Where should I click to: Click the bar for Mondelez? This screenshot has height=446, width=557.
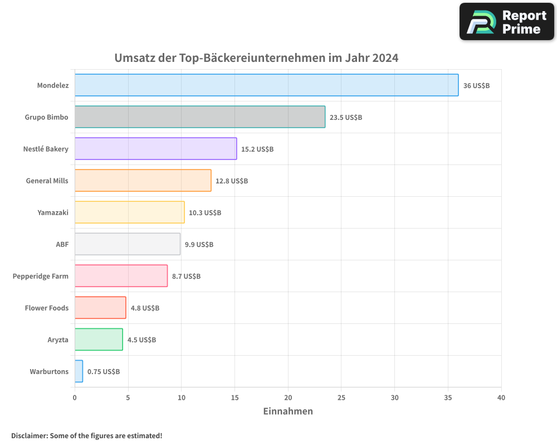(x=266, y=85)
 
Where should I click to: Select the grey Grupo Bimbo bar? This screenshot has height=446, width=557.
(x=199, y=117)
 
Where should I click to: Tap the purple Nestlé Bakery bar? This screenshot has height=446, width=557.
(x=155, y=149)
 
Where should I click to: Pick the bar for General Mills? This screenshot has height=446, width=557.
(x=143, y=181)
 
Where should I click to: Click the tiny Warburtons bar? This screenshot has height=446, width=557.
(x=79, y=371)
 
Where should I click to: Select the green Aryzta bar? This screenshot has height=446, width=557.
(x=99, y=340)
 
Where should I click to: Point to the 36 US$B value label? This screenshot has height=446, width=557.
(x=476, y=85)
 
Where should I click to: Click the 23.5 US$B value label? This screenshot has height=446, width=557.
(x=345, y=117)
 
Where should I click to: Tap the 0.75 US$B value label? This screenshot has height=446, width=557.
(x=103, y=371)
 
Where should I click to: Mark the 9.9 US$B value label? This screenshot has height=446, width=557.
(x=199, y=244)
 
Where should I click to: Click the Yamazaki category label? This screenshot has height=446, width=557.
(x=53, y=212)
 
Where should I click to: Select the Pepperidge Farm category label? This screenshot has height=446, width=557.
(x=41, y=276)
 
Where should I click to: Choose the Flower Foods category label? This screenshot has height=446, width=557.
(x=47, y=308)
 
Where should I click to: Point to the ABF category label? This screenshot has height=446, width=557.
(x=62, y=244)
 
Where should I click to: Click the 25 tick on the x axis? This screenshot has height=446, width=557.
(x=341, y=397)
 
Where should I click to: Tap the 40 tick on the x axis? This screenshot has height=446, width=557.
(x=501, y=397)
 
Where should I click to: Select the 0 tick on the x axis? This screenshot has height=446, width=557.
(x=75, y=397)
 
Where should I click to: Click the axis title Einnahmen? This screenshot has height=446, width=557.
(x=288, y=411)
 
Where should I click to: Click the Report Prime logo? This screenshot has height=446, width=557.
(x=507, y=22)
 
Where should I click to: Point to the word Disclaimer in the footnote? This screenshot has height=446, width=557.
(x=29, y=435)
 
